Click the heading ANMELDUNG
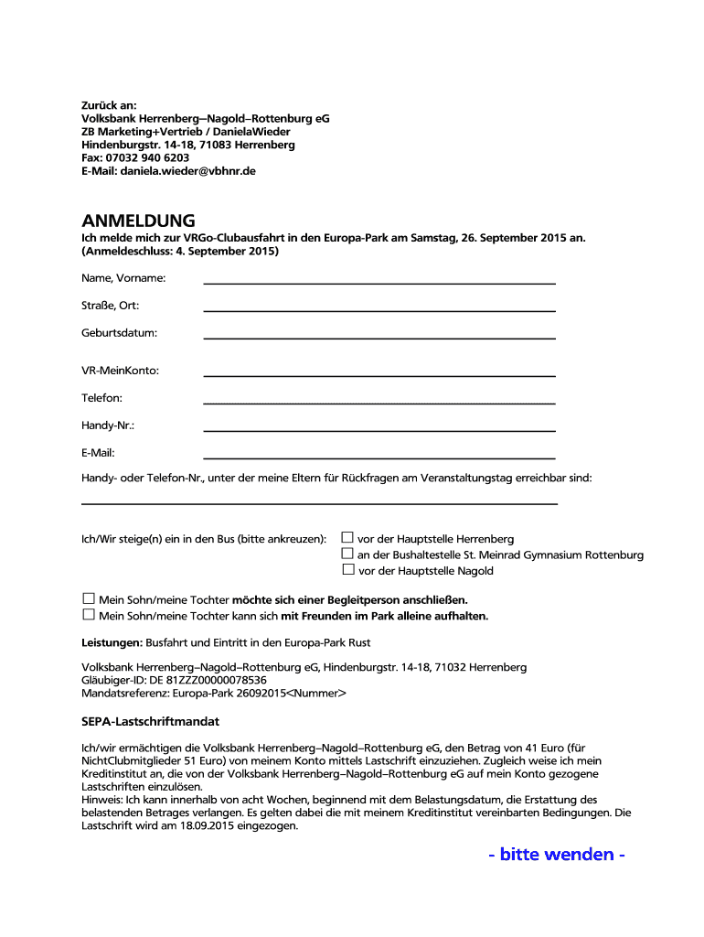[138, 221]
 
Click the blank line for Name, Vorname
[379, 283]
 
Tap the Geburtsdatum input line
[379, 338]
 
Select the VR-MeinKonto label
[120, 371]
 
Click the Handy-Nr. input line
[379, 429]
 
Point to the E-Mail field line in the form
[379, 457]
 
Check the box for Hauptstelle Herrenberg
[347, 538]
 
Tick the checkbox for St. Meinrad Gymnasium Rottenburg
[347, 554]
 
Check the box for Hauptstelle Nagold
[347, 569]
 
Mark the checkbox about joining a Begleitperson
[89, 599]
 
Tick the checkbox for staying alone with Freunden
[89, 615]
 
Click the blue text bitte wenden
[557, 854]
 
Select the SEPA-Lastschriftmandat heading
[150, 722]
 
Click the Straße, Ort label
[110, 306]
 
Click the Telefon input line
[379, 402]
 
